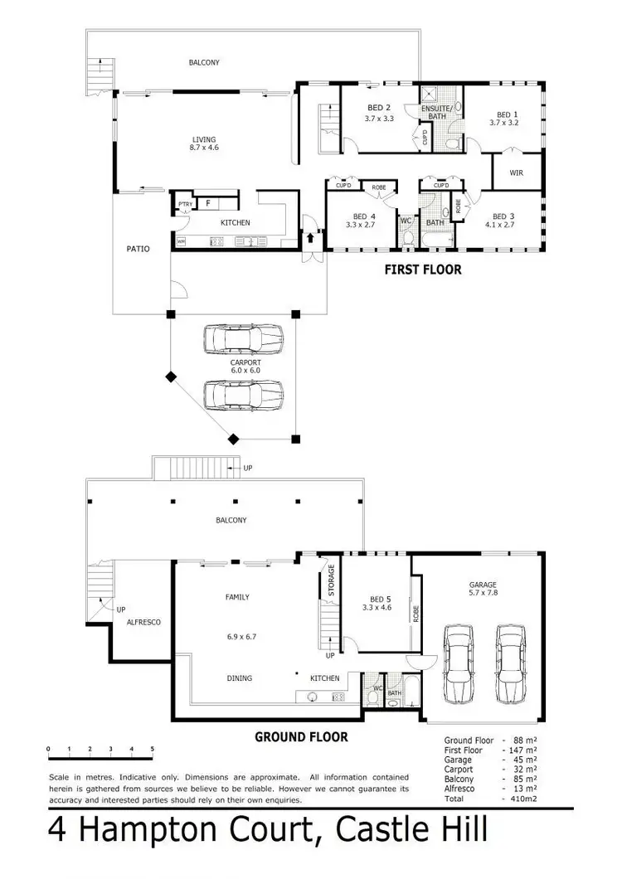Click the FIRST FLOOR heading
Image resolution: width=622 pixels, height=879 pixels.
(422, 270)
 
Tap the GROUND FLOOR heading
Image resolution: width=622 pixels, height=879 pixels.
(301, 736)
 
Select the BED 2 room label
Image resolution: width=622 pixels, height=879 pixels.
(379, 108)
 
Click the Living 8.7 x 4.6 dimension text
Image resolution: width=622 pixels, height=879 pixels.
(203, 148)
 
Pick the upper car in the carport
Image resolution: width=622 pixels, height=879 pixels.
(244, 339)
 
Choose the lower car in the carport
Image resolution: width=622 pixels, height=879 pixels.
(244, 395)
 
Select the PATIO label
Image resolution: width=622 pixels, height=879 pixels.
(138, 248)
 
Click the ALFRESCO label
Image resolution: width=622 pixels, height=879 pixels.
(143, 621)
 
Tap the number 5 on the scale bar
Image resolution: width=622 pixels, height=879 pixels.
(153, 749)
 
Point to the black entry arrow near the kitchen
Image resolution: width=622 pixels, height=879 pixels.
(312, 238)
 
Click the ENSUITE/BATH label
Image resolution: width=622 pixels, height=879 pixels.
(434, 111)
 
